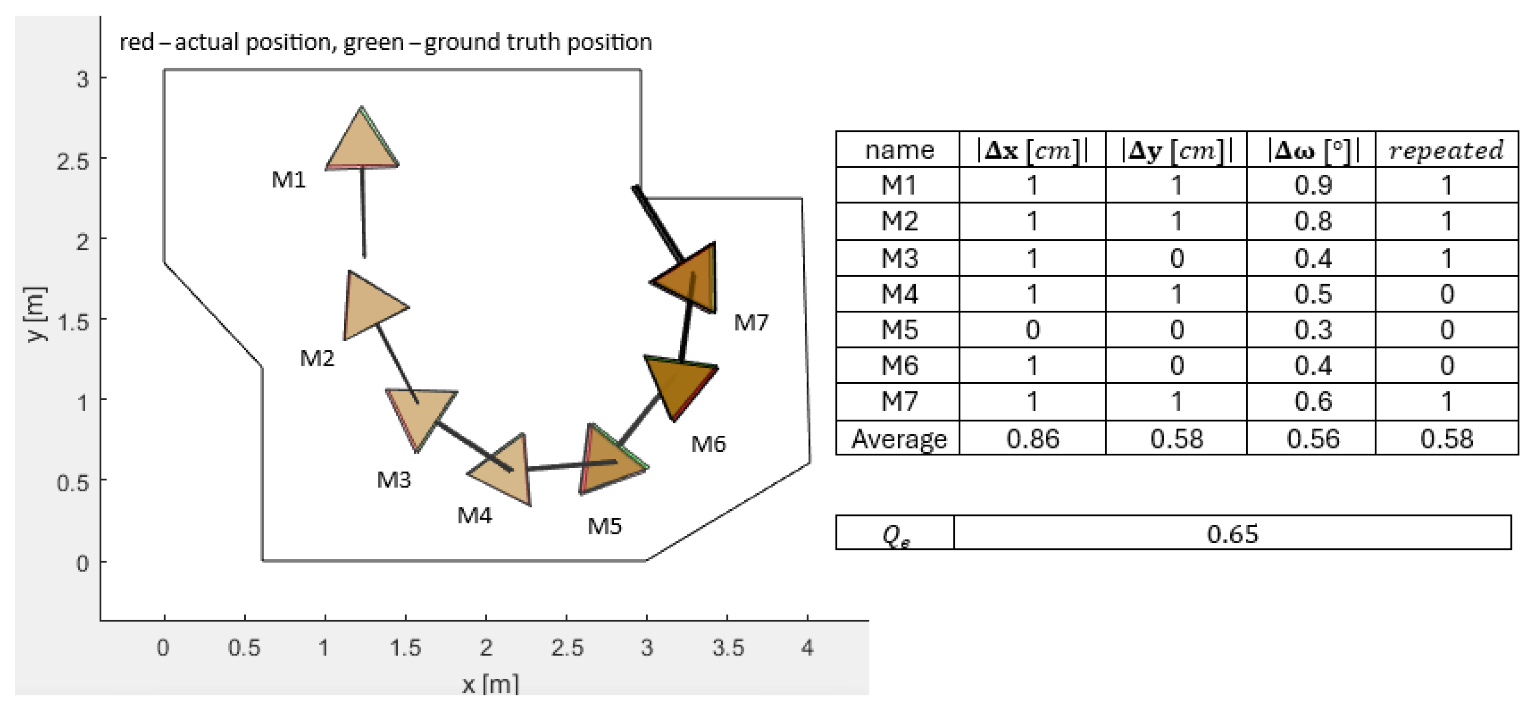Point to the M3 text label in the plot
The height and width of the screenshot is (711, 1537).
pos(394,480)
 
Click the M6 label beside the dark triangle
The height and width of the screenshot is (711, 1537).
pos(708,444)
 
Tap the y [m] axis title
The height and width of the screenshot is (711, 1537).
pos(36,314)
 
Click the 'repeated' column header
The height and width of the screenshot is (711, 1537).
pos(1446,150)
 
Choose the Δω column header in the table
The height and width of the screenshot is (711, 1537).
pos(1313,150)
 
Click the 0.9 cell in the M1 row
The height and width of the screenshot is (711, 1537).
pos(1313,186)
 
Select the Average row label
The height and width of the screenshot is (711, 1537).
pos(899,439)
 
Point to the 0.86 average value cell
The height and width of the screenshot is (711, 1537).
pos(1032,439)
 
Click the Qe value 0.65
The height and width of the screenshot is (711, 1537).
pos(1232,533)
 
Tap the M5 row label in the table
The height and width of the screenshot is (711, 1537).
pos(899,330)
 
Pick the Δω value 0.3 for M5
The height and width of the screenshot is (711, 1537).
pos(1313,330)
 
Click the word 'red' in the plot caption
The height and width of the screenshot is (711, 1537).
pos(136,42)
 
